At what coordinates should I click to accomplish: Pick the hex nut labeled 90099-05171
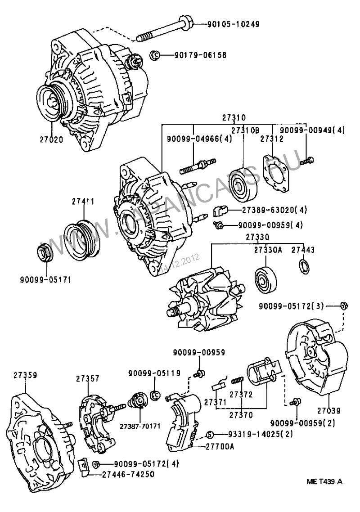[x=45, y=255]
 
